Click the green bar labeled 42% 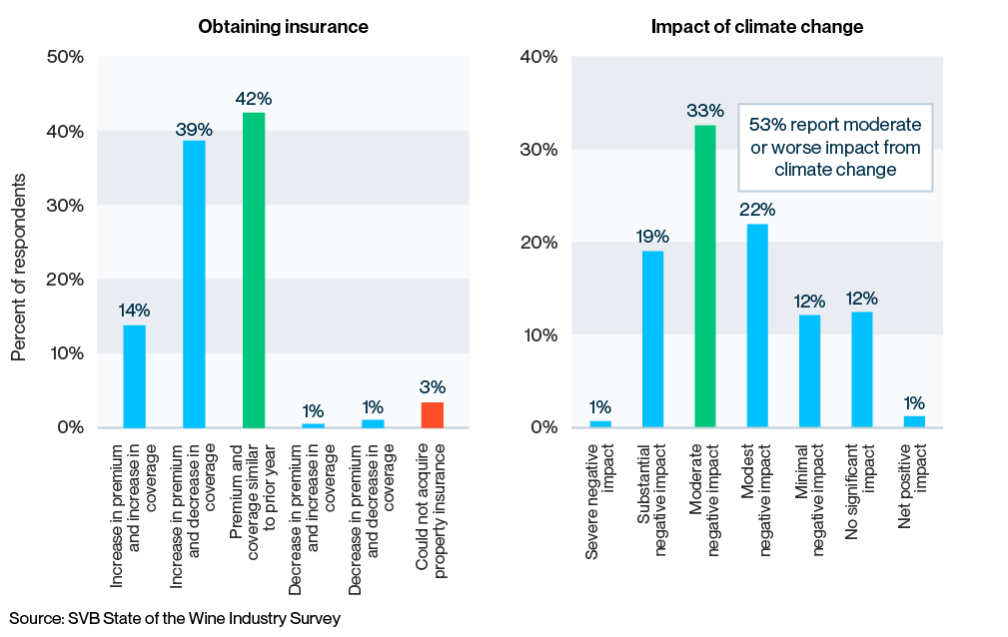coord(254,270)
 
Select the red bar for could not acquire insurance coord(432,414)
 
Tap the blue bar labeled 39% coord(194,284)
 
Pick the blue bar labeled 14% coord(134,376)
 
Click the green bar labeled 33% coord(705,276)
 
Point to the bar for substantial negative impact coord(652,338)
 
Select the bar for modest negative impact coord(757,325)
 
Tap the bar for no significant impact coord(862,369)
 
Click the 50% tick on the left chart coord(65,57)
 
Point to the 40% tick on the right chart coord(538,57)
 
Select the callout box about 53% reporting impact coord(835,147)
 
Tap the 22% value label coord(757,210)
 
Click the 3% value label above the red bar coord(433,387)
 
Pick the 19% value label coord(652,237)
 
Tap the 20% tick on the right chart coord(538,243)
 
